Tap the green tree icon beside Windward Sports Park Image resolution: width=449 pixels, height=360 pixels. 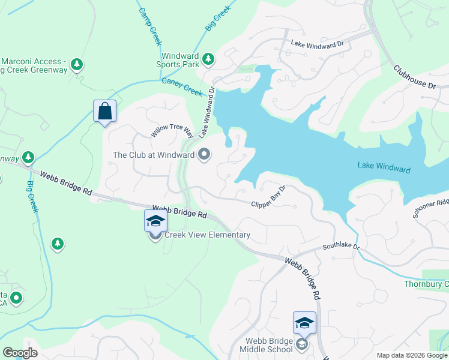(208, 59)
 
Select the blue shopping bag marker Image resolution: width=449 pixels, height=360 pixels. (105, 111)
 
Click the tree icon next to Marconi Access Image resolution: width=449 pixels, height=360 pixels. (76, 64)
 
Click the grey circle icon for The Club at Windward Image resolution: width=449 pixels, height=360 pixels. (204, 155)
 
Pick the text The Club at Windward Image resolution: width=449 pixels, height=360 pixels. (154, 155)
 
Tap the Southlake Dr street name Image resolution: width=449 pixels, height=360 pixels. (340, 246)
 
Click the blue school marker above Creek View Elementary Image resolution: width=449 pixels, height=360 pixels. (155, 220)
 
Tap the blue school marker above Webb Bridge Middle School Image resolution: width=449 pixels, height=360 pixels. (304, 323)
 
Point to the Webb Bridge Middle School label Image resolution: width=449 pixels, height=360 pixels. (266, 345)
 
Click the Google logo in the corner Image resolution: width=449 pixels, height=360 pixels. (20, 353)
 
